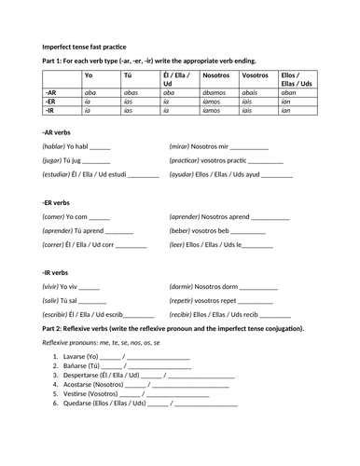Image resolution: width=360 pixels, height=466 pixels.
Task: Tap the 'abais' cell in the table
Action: [250, 92]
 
